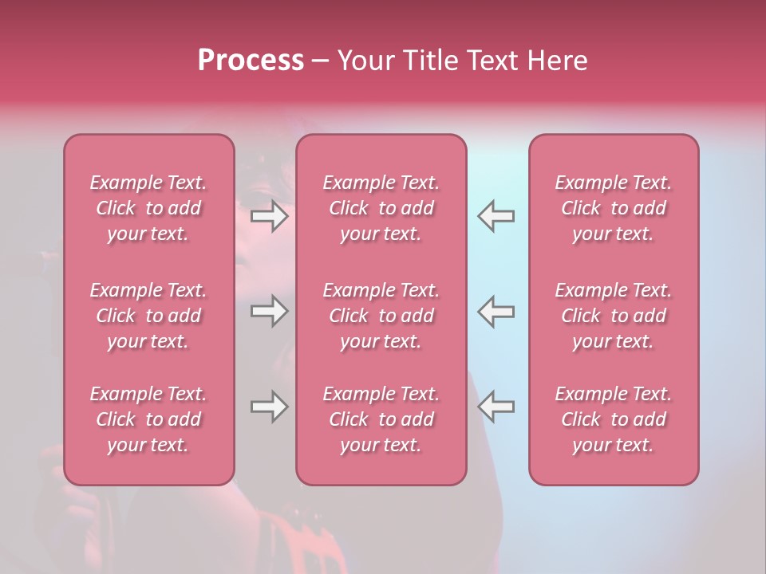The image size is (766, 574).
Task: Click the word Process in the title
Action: click(251, 61)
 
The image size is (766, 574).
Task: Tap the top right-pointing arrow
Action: click(269, 216)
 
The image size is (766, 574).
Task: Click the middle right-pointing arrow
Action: click(269, 311)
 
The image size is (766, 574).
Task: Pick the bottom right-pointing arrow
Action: click(269, 407)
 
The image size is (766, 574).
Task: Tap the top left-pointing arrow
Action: click(496, 216)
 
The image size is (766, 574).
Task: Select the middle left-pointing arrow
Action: click(496, 311)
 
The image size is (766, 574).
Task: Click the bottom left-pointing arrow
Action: click(496, 407)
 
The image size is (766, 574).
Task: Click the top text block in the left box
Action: click(148, 208)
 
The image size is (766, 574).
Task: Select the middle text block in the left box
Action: click(148, 316)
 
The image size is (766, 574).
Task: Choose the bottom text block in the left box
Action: click(148, 419)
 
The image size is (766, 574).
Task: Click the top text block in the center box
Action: click(381, 208)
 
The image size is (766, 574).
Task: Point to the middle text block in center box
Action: click(381, 316)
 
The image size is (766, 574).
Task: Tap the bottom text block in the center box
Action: click(381, 419)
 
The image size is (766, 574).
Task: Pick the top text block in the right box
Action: click(614, 208)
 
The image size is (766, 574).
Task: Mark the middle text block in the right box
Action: click(614, 316)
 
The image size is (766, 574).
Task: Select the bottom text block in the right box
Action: click(614, 419)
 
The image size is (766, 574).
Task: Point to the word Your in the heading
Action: click(366, 61)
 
